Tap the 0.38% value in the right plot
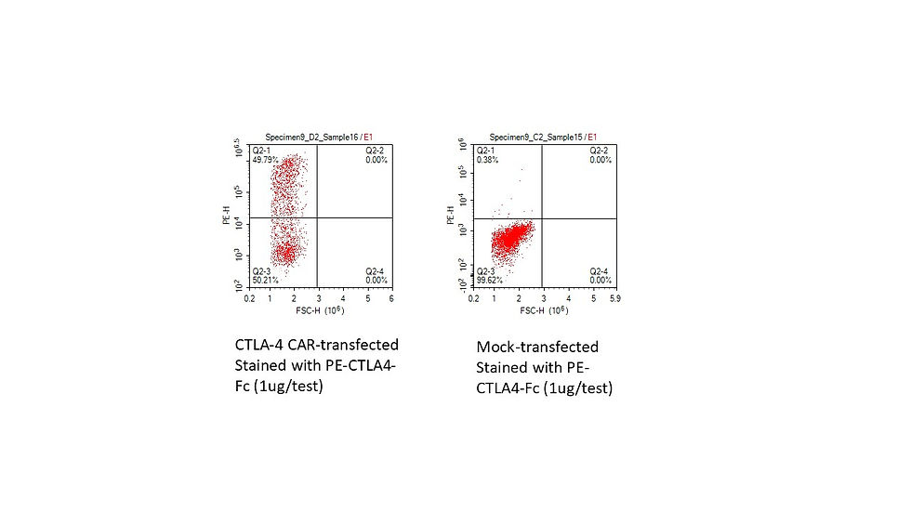pyautogui.click(x=488, y=159)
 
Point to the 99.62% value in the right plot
pyautogui.click(x=490, y=279)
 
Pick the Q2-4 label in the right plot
pyautogui.click(x=600, y=270)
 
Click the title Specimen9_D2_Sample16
pyautogui.click(x=310, y=138)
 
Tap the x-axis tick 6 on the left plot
pyautogui.click(x=391, y=299)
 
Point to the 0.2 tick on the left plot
pyautogui.click(x=249, y=299)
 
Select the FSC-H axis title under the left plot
pyautogui.click(x=310, y=310)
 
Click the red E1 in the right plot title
pyautogui.click(x=592, y=138)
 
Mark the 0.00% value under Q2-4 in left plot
pyautogui.click(x=376, y=279)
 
